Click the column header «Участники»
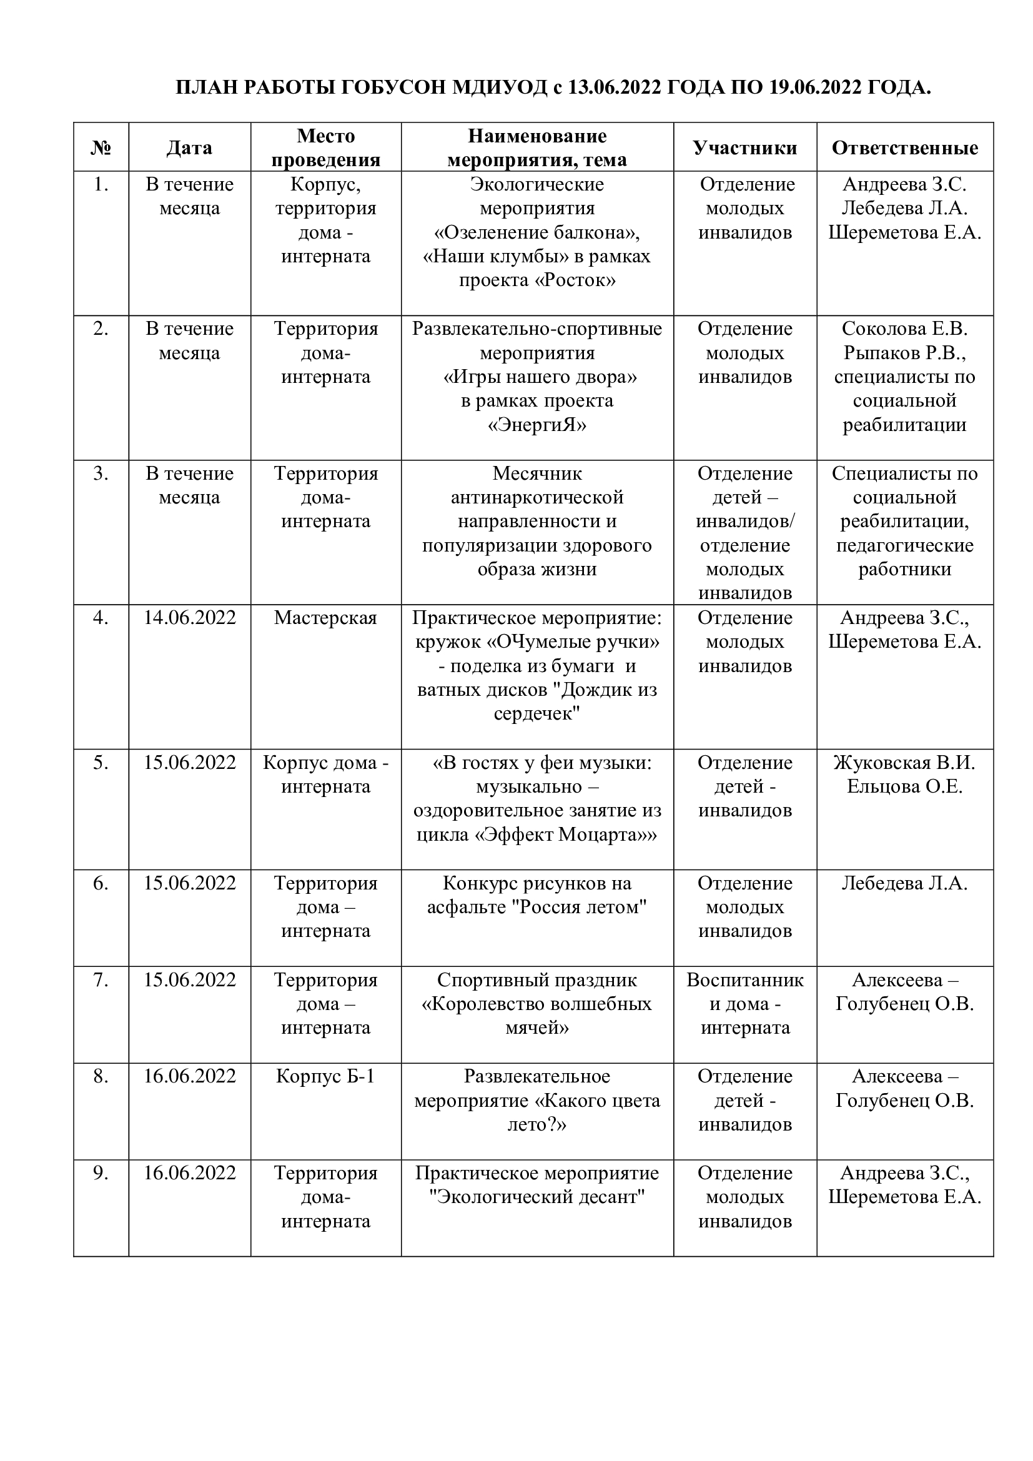click(x=744, y=147)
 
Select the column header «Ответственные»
click(x=904, y=147)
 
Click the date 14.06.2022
click(x=190, y=618)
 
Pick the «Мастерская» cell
click(x=325, y=618)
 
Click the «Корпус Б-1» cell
click(x=325, y=1076)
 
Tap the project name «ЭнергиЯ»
click(x=537, y=424)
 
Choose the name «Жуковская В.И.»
click(x=904, y=762)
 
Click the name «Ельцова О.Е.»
click(x=904, y=786)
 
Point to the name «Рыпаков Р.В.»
click(x=904, y=352)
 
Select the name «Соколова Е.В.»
click(x=904, y=329)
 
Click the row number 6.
click(x=101, y=883)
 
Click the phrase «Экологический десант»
click(x=537, y=1197)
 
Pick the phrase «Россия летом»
click(x=579, y=907)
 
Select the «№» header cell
click(x=101, y=147)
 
